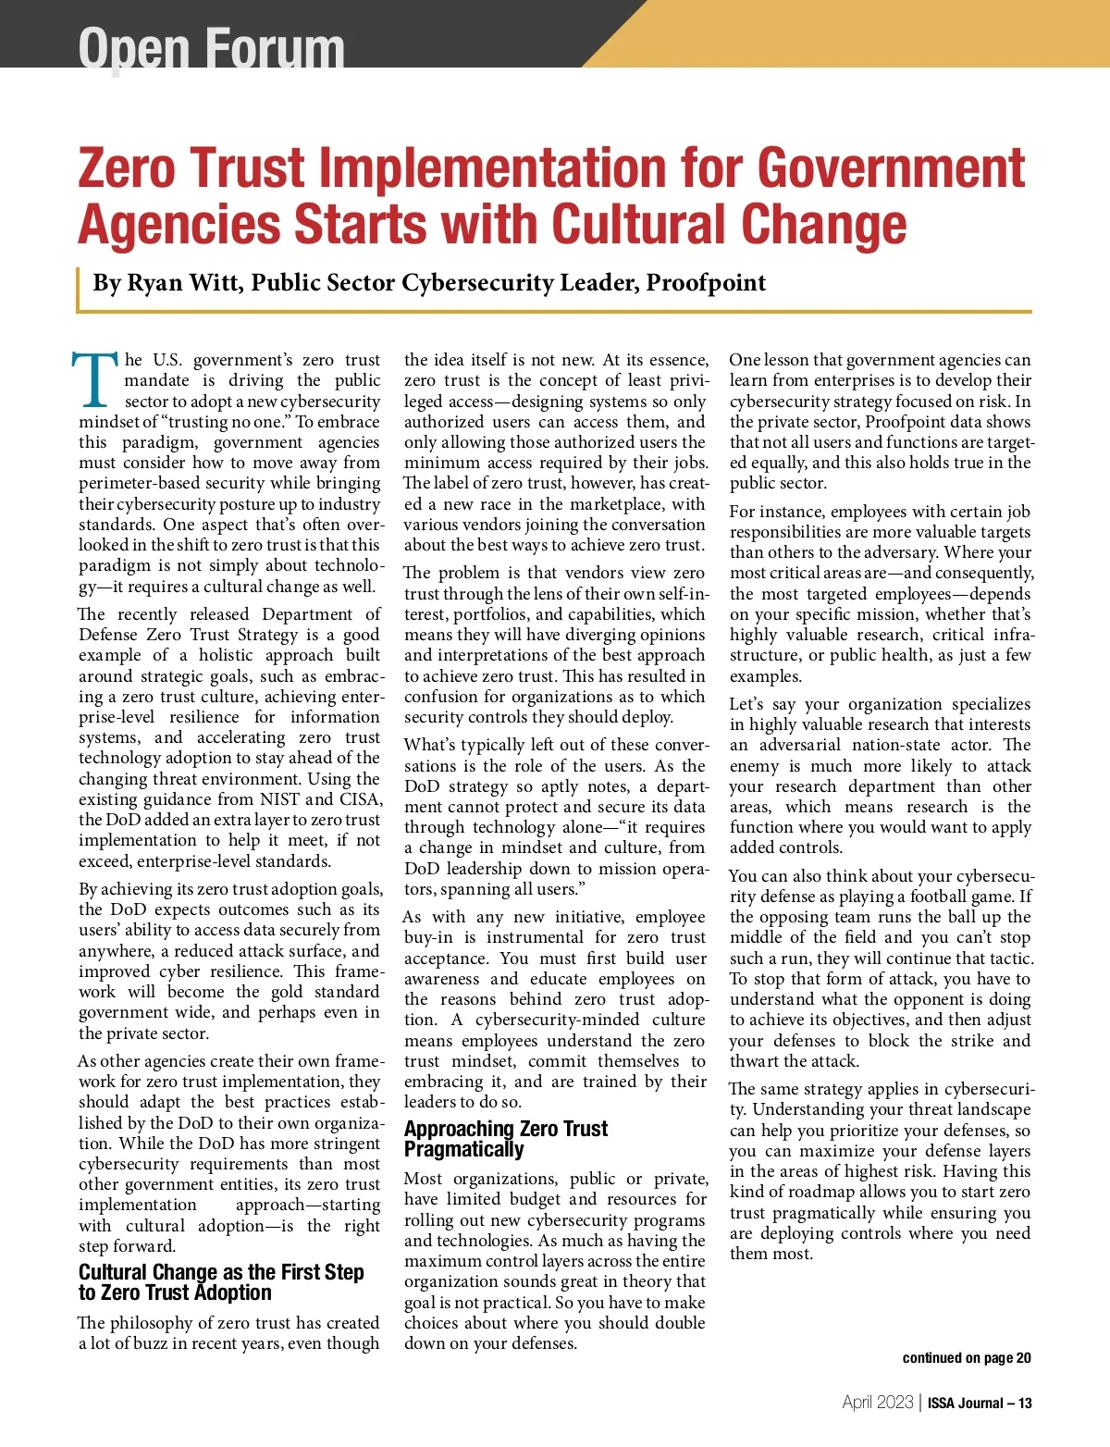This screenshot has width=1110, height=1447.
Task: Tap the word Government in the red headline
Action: pos(891,168)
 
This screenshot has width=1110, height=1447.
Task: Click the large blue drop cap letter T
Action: pos(95,379)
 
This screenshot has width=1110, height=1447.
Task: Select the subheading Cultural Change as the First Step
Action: pos(221,1272)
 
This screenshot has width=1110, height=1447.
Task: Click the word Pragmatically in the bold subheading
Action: pos(463,1150)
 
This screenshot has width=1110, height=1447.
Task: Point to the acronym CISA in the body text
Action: pos(360,799)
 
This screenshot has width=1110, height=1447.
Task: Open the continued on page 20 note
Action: pos(966,1358)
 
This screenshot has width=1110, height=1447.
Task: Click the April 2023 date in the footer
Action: pos(877,1403)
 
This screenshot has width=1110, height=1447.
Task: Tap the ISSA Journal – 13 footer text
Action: pos(980,1403)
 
